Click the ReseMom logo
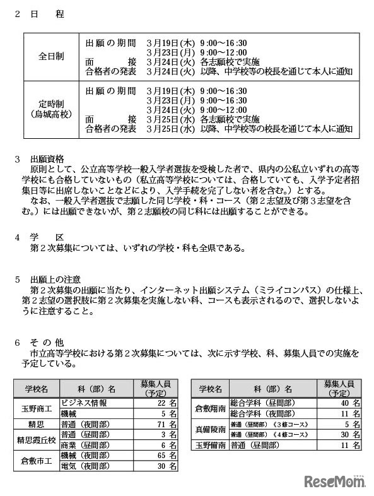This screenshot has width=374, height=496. [x=336, y=481]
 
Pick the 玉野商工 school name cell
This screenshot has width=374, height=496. [x=37, y=408]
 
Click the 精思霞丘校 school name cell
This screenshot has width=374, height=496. [x=37, y=440]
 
